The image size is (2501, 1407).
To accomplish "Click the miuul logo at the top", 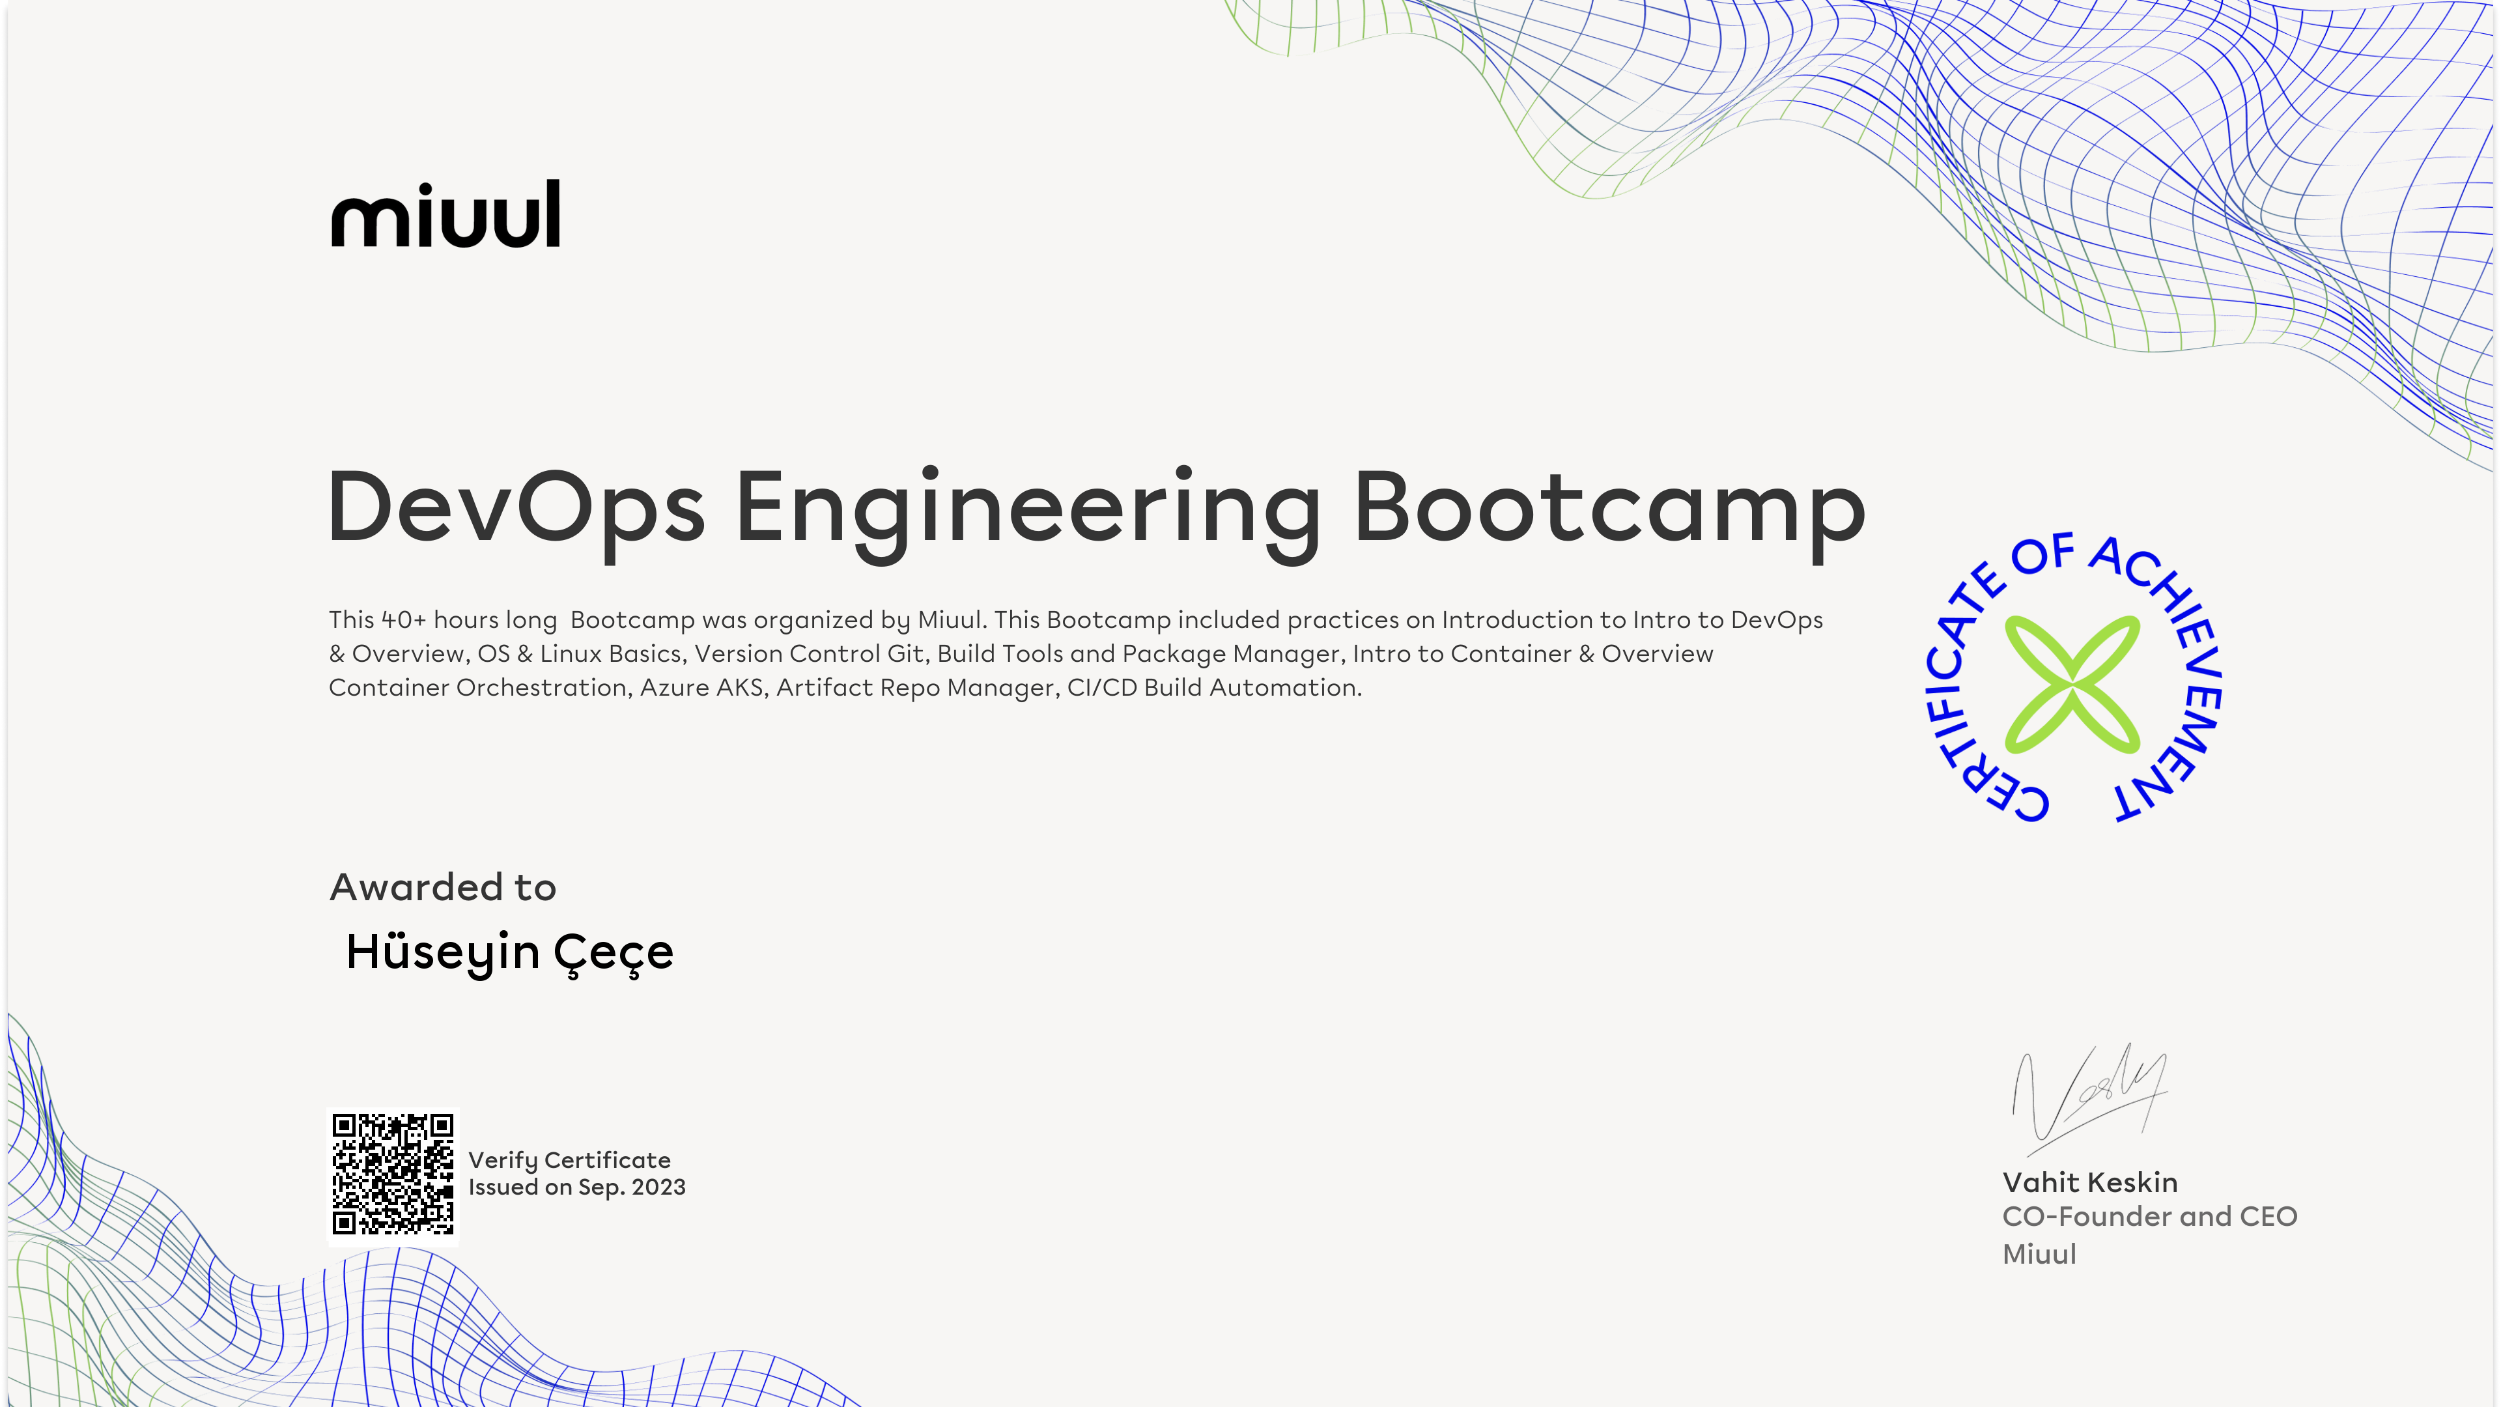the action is pos(445,214).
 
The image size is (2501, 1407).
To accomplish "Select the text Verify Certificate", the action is pos(569,1160).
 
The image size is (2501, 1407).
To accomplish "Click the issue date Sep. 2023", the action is pos(632,1187).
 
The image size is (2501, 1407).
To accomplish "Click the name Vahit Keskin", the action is pos(2090,1183).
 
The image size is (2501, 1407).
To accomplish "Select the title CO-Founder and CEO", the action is pos(2149,1217).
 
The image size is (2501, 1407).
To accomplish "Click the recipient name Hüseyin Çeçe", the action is pos(510,952).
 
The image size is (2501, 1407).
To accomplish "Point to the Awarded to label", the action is pos(443,887).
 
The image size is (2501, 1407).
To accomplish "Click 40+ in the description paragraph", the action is pos(403,619).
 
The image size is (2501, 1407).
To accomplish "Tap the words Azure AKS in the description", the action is pos(701,687).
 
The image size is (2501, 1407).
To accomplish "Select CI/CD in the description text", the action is pos(1102,687).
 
